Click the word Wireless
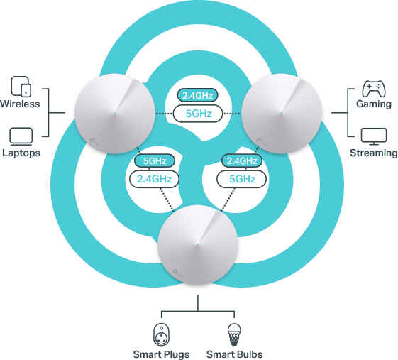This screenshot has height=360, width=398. click(x=20, y=104)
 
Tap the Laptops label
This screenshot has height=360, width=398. click(x=21, y=153)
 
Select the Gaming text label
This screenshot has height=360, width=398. click(x=374, y=104)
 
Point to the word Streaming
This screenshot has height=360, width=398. click(x=373, y=153)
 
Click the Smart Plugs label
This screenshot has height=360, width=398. click(x=161, y=354)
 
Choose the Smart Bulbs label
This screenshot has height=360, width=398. click(x=234, y=354)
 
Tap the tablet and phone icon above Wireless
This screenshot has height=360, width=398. click(x=21, y=87)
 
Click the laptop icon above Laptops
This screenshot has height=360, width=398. click(x=21, y=136)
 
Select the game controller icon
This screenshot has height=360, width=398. click(x=374, y=89)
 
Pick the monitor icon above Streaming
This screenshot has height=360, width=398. click(x=374, y=136)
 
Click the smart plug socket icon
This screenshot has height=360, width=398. click(x=161, y=334)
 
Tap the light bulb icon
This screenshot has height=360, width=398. click(x=234, y=334)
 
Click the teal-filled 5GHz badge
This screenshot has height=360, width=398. click(x=155, y=160)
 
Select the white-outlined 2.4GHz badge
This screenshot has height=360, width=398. click(x=154, y=179)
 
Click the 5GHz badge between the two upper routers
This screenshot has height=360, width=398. click(x=198, y=114)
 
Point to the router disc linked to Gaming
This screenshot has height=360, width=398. click(x=282, y=114)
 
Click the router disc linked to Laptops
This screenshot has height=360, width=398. click(x=115, y=114)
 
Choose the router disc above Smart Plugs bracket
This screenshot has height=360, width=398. click(x=198, y=245)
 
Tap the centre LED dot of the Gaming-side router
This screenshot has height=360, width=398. click(x=281, y=113)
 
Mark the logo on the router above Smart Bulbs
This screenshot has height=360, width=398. click(x=178, y=273)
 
